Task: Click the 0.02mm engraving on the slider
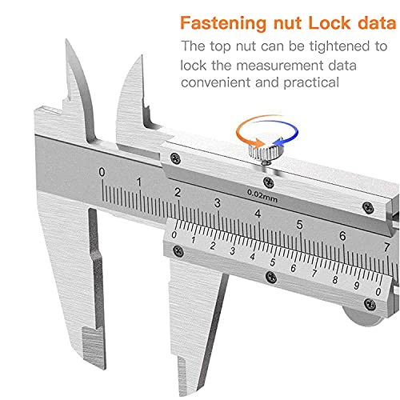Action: (262, 196)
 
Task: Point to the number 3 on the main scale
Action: (218, 203)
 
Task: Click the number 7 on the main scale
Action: (386, 247)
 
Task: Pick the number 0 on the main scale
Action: (102, 172)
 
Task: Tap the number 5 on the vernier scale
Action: (273, 262)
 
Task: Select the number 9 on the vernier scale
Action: (356, 286)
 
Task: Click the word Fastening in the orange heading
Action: (223, 23)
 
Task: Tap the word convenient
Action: (216, 82)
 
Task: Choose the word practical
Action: (311, 83)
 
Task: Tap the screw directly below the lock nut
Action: (269, 182)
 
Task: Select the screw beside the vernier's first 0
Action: (178, 251)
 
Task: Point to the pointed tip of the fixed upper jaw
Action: (66, 40)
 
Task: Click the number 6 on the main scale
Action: (342, 236)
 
